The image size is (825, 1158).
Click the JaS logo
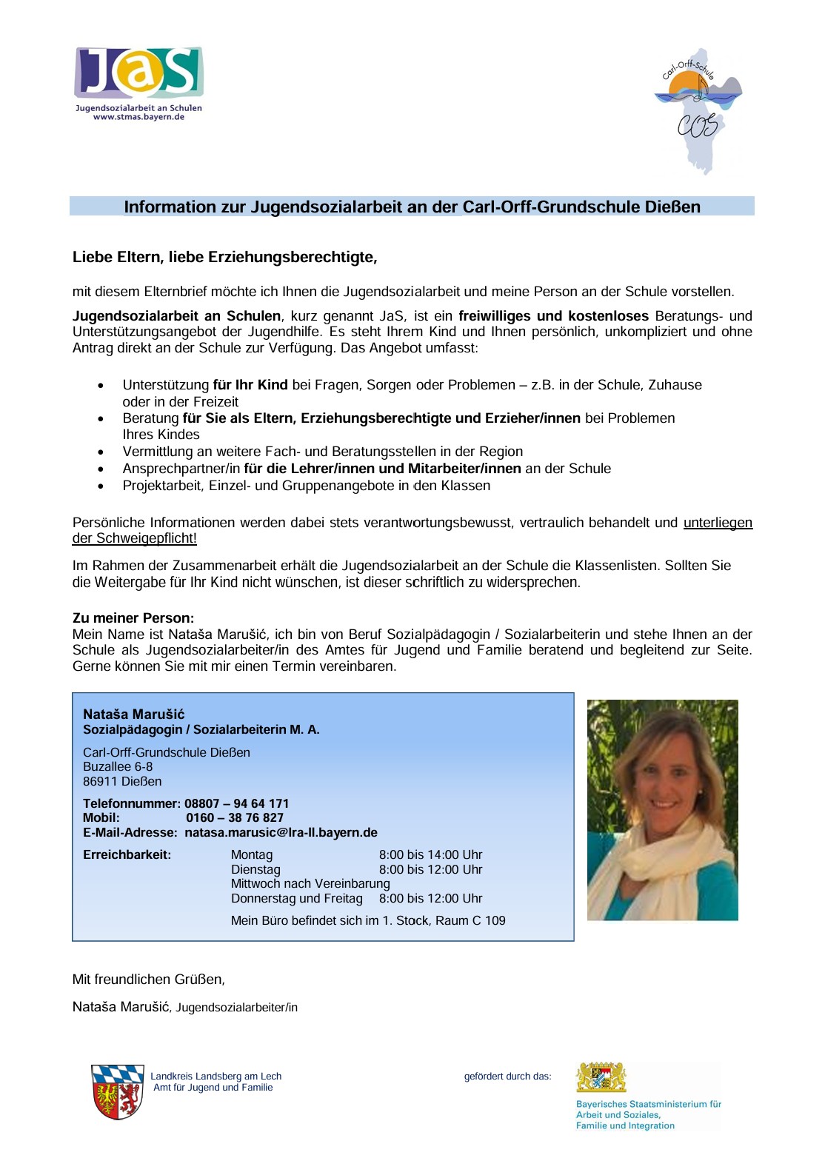point(138,73)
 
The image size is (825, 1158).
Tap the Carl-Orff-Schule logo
point(698,111)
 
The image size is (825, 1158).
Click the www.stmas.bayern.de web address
point(138,117)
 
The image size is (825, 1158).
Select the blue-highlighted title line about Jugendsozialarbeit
point(412,207)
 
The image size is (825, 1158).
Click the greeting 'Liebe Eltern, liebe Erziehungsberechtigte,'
point(225,257)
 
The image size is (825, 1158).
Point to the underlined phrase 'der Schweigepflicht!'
point(134,538)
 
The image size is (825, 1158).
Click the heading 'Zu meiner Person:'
point(133,618)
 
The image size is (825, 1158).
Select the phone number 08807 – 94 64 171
point(237,803)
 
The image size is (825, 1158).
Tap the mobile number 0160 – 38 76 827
point(235,817)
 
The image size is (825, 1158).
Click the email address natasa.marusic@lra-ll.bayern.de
point(281,832)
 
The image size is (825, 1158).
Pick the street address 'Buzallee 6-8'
point(118,766)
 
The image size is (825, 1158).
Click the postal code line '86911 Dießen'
point(122,781)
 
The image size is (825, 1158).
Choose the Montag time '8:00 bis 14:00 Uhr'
point(430,854)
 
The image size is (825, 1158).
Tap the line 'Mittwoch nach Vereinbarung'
point(310,883)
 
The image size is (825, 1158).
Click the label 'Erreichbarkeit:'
point(127,854)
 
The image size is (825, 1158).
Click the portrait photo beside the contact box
point(662,810)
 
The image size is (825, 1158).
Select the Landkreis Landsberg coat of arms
point(117,1092)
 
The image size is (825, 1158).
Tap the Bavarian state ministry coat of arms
point(601,1077)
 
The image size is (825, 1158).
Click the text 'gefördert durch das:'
point(507,1077)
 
